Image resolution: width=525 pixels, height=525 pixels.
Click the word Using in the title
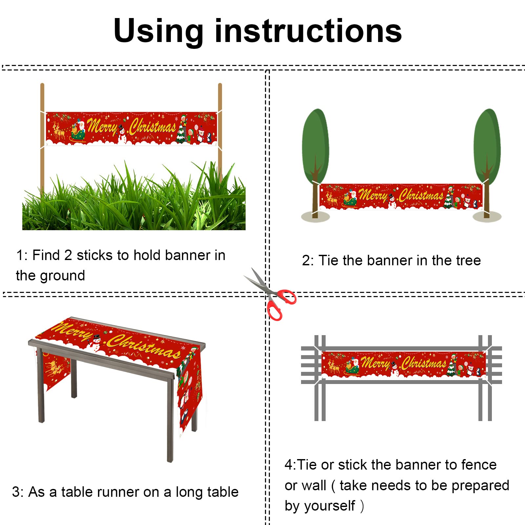tap(158, 32)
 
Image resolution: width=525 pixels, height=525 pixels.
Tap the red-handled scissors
tap(270, 294)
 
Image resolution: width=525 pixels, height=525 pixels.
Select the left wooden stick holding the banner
tap(42, 138)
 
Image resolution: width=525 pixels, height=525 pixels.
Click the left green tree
tap(315, 164)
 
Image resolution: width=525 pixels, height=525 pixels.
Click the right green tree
tap(487, 164)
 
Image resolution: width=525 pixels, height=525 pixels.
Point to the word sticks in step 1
tap(94, 255)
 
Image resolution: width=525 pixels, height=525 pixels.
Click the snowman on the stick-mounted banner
tap(122, 135)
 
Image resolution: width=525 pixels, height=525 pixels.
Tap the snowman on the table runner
tap(95, 343)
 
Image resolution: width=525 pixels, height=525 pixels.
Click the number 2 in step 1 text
tap(68, 255)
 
